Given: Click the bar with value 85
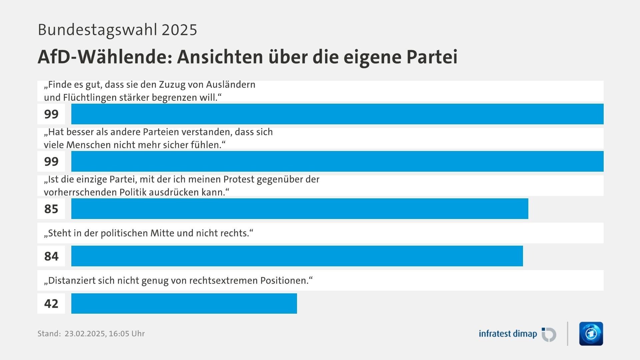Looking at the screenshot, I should coord(300,209).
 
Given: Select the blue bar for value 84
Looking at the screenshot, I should coord(297,256).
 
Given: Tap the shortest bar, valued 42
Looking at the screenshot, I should coord(184,303).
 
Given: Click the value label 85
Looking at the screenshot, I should coord(51,209).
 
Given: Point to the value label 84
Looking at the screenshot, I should coord(51,256).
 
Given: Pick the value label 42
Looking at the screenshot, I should coord(51,304).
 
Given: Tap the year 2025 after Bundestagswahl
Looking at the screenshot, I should coord(179,30).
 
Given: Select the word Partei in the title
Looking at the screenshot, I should coord(432,57).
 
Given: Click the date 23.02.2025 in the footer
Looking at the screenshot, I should coord(85,334).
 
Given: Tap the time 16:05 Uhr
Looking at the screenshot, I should coord(127,334).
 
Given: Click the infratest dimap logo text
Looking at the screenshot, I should coord(508,334).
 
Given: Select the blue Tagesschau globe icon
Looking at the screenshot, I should coord(591,334).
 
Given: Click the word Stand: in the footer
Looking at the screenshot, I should coord(49,334).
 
